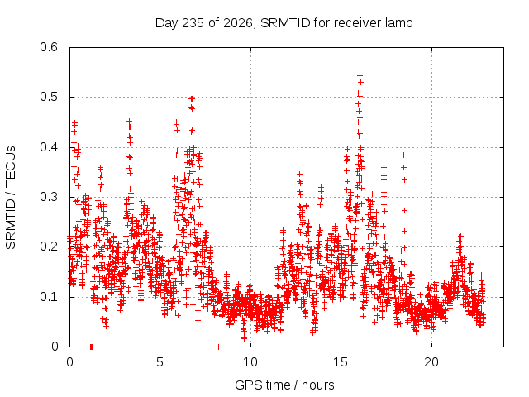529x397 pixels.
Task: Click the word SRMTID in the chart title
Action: pyautogui.click(x=285, y=23)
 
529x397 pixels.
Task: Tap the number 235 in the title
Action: pyautogui.click(x=193, y=23)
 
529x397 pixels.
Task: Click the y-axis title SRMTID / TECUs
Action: pyautogui.click(x=11, y=198)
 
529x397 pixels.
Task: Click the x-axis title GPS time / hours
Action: pyautogui.click(x=284, y=385)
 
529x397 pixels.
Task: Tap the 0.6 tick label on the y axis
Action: pyautogui.click(x=49, y=47)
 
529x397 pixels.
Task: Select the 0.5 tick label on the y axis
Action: pyautogui.click(x=49, y=97)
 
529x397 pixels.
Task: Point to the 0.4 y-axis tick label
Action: pyautogui.click(x=49, y=147)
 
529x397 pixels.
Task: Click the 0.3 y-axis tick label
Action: pyautogui.click(x=49, y=197)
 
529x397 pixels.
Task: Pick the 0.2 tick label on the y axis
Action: pyautogui.click(x=49, y=246)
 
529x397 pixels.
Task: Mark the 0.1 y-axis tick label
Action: pyautogui.click(x=49, y=297)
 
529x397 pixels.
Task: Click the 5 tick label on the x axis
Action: pyautogui.click(x=160, y=362)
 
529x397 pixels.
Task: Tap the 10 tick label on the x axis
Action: pyautogui.click(x=250, y=362)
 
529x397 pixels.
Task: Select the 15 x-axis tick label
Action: pyautogui.click(x=341, y=362)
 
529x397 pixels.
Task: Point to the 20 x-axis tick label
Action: pyautogui.click(x=431, y=362)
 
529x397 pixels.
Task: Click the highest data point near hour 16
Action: pyautogui.click(x=360, y=74)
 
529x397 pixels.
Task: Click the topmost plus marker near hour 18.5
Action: pyautogui.click(x=403, y=155)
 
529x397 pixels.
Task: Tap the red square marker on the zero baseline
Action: pyautogui.click(x=92, y=347)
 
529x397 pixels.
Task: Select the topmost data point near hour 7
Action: pyautogui.click(x=192, y=98)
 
